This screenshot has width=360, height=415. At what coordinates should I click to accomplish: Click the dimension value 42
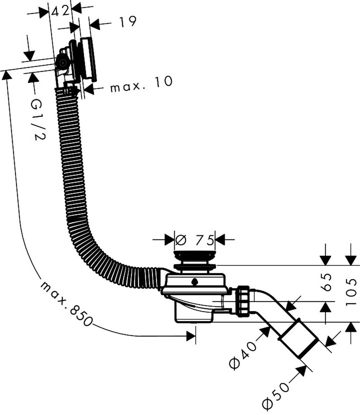click(61, 11)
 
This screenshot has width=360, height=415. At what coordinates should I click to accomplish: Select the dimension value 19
click(127, 22)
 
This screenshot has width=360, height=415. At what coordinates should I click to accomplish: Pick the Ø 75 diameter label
click(195, 239)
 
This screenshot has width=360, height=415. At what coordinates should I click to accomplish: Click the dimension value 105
click(351, 291)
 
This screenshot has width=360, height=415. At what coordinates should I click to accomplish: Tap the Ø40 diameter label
click(243, 354)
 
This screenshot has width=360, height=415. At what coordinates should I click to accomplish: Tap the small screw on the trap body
click(195, 282)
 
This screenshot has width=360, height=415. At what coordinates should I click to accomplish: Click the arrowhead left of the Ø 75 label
click(169, 239)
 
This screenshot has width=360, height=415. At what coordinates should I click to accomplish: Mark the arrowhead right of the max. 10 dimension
click(90, 89)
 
